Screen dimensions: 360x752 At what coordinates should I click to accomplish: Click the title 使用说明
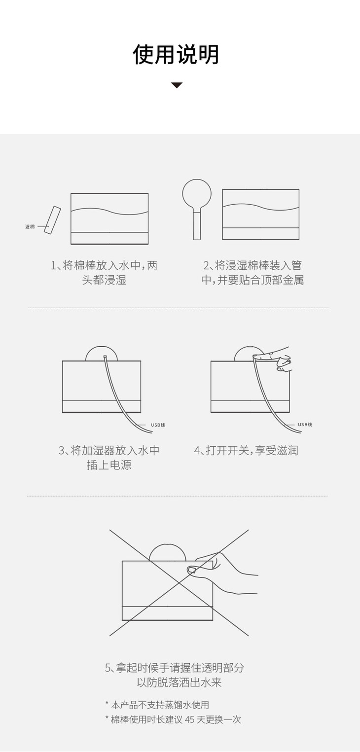pos(176,54)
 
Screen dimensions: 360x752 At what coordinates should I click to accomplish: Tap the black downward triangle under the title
pos(177,85)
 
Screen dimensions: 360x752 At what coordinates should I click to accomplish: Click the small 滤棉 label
pos(30,227)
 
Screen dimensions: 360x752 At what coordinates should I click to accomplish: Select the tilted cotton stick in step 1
pos(52,220)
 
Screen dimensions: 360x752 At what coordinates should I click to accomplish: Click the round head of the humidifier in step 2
pos(197,194)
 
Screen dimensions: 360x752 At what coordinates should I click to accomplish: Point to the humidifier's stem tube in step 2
pos(197,224)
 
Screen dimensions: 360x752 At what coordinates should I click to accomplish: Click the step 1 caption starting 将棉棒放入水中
pos(104,273)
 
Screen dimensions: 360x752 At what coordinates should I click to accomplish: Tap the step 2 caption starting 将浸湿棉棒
pos(252,273)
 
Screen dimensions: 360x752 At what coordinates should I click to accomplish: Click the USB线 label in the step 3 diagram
pos(158,425)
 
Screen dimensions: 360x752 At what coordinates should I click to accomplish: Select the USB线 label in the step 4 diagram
pos(305,425)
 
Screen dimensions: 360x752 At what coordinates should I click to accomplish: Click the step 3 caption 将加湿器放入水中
pos(109,458)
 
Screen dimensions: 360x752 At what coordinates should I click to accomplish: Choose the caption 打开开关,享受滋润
pos(246,451)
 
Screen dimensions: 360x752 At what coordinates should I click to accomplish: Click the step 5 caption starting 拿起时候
pos(175,675)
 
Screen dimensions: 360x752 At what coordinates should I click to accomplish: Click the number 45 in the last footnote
pos(190,719)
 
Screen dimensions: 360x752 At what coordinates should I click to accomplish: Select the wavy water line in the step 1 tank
pos(109,211)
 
